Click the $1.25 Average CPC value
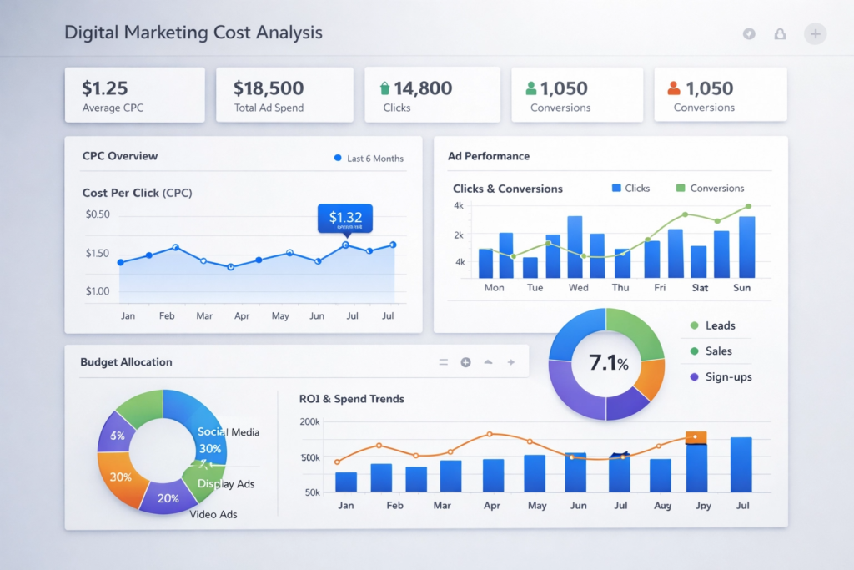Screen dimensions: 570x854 pos(104,88)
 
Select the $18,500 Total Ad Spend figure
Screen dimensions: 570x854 pos(269,88)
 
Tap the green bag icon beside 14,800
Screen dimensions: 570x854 pos(384,88)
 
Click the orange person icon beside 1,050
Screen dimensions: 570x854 pos(674,88)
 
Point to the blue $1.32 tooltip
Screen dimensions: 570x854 pos(345,218)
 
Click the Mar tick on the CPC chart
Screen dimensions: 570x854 pos(204,316)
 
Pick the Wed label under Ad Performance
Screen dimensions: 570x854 pos(578,287)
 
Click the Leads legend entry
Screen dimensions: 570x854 pos(719,325)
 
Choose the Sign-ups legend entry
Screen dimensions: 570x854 pos(727,377)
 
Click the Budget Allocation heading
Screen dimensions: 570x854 pos(126,362)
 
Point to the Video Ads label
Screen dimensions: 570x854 pos(213,514)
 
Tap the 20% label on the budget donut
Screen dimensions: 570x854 pos(168,498)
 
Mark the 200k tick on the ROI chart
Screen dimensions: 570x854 pos(309,422)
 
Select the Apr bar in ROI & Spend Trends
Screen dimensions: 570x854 pos(493,475)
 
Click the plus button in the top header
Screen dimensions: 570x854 pos(815,33)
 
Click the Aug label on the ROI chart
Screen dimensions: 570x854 pos(662,506)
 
